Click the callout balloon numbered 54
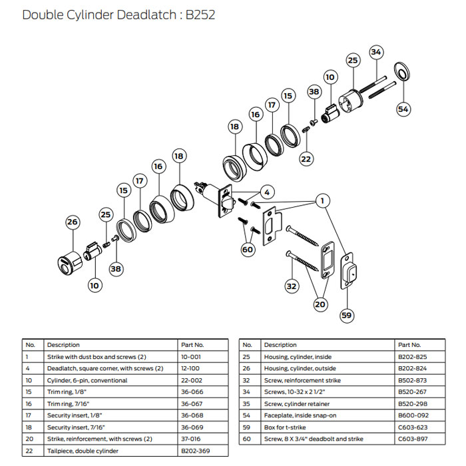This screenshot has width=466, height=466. click(403, 108)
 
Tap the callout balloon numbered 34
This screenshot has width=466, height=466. click(376, 51)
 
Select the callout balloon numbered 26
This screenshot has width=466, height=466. click(73, 222)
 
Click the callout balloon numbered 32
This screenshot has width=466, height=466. click(291, 286)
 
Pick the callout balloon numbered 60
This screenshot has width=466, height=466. click(248, 250)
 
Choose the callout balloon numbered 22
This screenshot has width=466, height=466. click(306, 158)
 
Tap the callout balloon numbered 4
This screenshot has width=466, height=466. click(266, 192)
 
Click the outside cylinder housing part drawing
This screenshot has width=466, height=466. click(67, 257)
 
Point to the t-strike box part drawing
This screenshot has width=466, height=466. click(348, 271)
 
